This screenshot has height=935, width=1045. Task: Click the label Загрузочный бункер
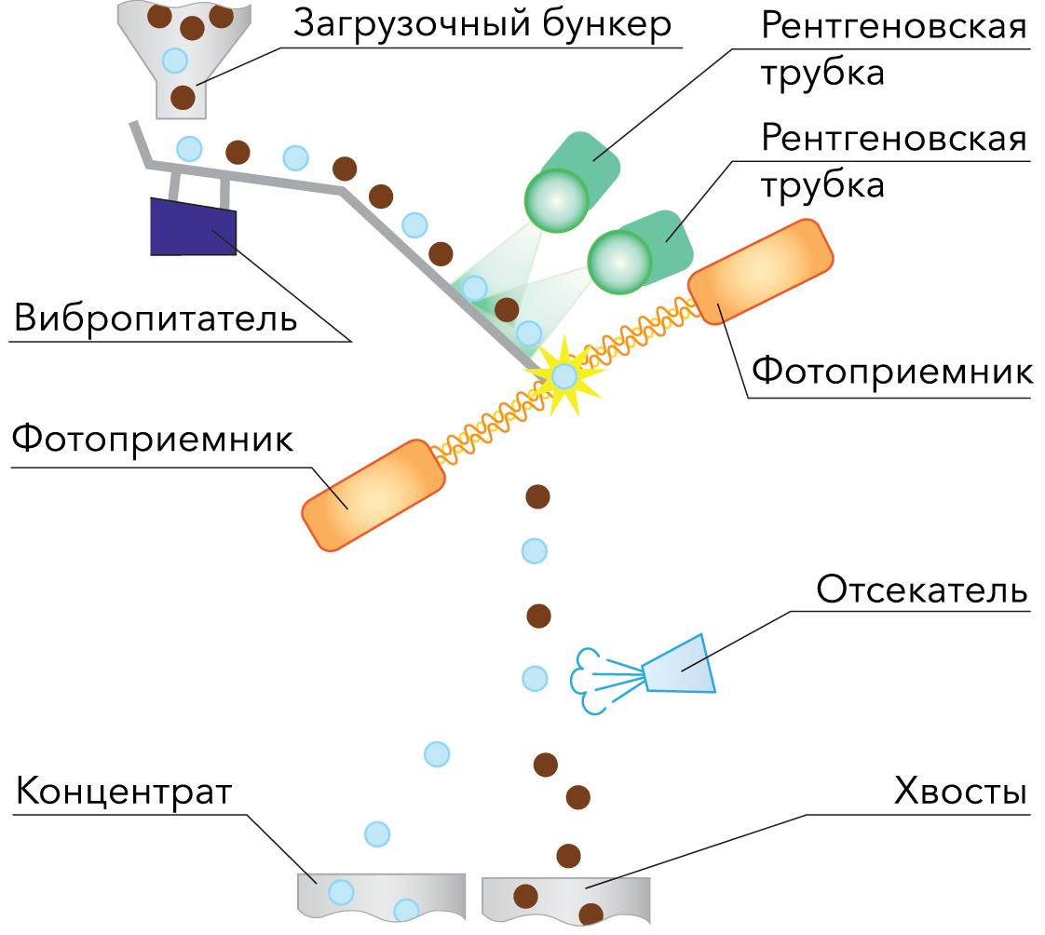coord(482,24)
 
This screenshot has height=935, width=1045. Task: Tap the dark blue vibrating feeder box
coord(193,229)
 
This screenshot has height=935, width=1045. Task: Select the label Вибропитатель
coord(156,318)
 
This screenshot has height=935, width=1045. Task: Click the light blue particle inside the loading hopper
coord(174,61)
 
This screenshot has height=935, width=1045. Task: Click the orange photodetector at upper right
coord(760,271)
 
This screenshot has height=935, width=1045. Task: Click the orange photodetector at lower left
coord(374,495)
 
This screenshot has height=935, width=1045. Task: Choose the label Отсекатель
coord(921,590)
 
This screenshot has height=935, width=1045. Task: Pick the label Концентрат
coord(123,793)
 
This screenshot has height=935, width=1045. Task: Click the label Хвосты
coord(959,793)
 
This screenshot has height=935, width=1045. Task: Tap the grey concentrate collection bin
coord(381,897)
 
